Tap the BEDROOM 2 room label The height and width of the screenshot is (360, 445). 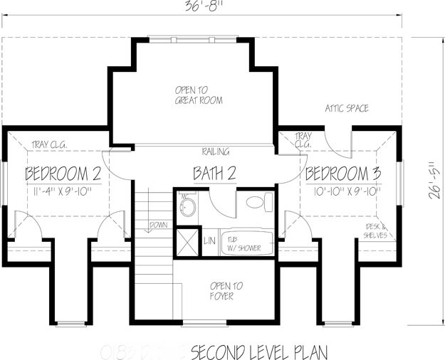coord(63,174)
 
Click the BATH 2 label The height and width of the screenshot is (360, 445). coord(215,173)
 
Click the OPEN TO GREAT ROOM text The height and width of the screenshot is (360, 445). coord(199,95)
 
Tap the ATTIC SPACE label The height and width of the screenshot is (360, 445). coord(347,109)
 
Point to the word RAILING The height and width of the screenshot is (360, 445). coord(214,152)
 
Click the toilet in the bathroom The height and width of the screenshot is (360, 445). coord(257,203)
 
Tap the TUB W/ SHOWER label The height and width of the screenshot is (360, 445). coord(244,244)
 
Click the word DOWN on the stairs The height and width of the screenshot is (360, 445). coord(158,225)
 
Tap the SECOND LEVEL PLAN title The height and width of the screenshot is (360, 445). coord(259,351)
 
